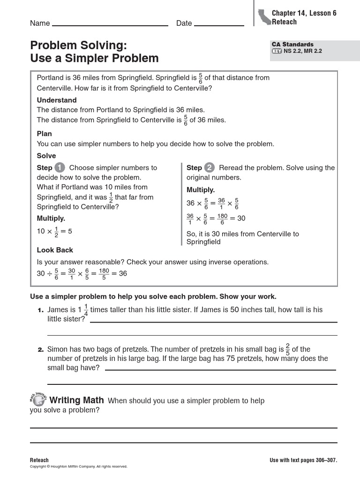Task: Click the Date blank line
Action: [218, 25]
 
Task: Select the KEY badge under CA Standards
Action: [277, 51]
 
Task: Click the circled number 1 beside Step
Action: [60, 167]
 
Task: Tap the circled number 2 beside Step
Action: [209, 167]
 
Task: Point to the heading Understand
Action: [57, 100]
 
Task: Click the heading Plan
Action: [45, 134]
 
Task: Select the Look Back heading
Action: [55, 250]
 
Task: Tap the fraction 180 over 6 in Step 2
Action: [222, 218]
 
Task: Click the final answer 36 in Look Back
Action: [123, 273]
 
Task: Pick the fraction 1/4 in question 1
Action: [86, 310]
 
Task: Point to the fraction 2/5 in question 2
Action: [288, 349]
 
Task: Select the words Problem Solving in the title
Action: [79, 45]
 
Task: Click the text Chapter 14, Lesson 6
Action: [304, 13]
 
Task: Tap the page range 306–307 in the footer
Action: [325, 460]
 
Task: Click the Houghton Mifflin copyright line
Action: [79, 466]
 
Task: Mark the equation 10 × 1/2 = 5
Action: [54, 232]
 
